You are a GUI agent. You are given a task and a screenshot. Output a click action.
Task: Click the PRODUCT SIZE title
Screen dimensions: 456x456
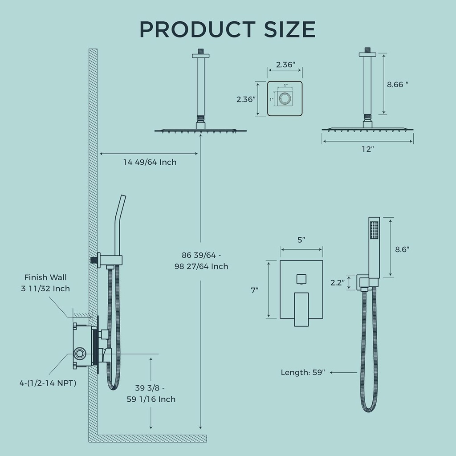point(228,29)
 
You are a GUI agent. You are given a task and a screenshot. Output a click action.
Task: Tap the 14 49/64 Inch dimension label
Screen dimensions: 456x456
point(150,162)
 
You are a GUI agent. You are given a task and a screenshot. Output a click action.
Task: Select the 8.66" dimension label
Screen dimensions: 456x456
point(397,84)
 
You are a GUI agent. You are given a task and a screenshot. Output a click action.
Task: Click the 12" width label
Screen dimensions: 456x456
point(367,150)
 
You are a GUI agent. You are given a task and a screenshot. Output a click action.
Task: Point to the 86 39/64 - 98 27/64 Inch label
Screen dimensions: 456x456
point(205,261)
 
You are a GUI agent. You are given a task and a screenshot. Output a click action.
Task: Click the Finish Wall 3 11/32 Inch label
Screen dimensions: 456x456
point(45,283)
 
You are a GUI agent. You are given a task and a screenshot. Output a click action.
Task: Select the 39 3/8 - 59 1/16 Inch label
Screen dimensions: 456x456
point(151,393)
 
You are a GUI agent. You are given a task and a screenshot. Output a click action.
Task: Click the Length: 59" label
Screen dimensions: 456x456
point(303,372)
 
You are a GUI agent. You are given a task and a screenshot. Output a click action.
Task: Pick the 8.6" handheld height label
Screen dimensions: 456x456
point(402,249)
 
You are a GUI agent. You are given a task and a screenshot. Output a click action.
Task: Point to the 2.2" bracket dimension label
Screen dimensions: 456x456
point(337,282)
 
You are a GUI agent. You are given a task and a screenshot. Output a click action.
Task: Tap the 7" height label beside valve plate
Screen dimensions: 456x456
point(254,290)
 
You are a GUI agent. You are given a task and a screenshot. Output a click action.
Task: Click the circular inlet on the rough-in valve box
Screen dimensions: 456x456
point(80,354)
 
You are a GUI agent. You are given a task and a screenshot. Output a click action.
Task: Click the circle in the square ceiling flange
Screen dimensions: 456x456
point(285,98)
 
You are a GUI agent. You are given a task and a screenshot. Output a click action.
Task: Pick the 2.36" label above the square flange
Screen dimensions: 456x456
point(285,65)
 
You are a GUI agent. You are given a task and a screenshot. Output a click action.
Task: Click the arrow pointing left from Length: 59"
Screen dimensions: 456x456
point(343,372)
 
